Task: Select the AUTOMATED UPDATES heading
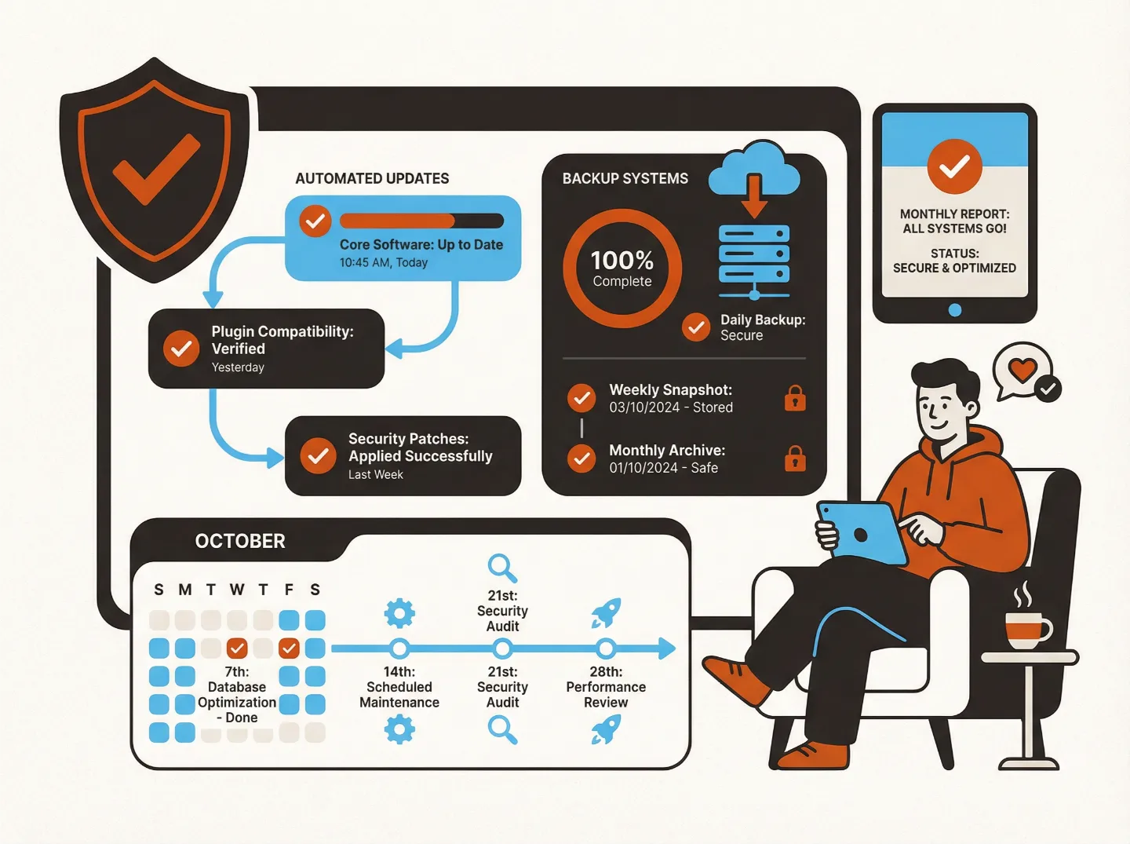[x=372, y=179]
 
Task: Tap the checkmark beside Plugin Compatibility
[x=181, y=348]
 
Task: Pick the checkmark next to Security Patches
[x=319, y=455]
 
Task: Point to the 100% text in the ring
[x=621, y=260]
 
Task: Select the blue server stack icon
[x=754, y=254]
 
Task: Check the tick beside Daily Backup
[x=696, y=327]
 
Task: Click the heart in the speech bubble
[x=1022, y=369]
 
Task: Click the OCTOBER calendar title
[x=240, y=541]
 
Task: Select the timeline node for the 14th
[x=399, y=649]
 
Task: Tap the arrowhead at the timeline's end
[x=667, y=649]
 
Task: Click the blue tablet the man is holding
[x=862, y=532]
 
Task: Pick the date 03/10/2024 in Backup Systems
[x=644, y=407]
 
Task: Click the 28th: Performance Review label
[x=606, y=687]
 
